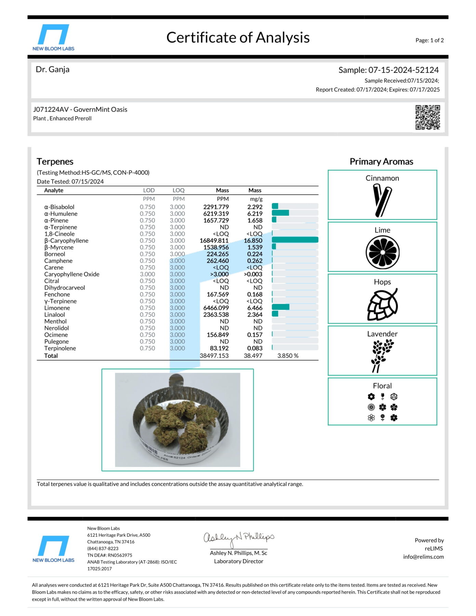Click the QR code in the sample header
tap(427, 117)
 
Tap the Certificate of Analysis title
tap(238, 38)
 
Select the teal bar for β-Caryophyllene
tap(295, 240)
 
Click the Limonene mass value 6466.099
tap(216, 308)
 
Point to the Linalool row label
tap(54, 315)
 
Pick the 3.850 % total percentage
tap(288, 356)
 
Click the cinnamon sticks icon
tap(382, 200)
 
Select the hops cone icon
tap(382, 304)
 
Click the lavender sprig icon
tap(382, 356)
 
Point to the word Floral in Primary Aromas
tap(382, 386)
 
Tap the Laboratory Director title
tap(239, 561)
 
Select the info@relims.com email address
tap(423, 557)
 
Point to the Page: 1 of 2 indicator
tap(429, 40)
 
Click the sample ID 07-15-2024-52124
tap(404, 70)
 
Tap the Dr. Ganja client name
tap(52, 69)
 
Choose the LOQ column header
tap(178, 191)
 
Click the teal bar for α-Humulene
tap(280, 213)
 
